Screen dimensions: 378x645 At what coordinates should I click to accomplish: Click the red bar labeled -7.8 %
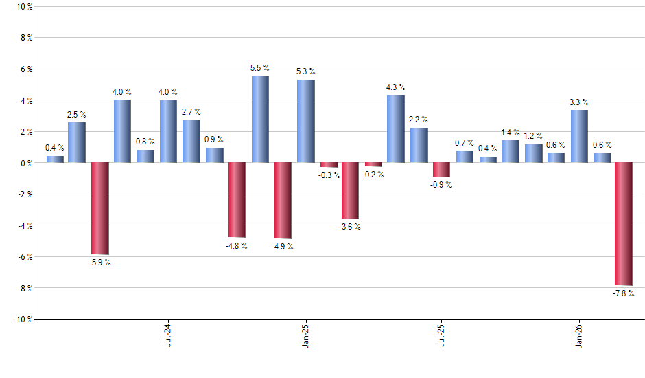pyautogui.click(x=624, y=224)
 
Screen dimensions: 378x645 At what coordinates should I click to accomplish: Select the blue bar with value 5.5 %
pyautogui.click(x=260, y=120)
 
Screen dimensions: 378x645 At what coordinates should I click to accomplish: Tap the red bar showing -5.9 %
pyautogui.click(x=100, y=208)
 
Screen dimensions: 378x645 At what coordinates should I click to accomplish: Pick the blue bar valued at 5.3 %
pyautogui.click(x=306, y=122)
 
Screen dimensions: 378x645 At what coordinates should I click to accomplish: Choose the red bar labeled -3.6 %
pyautogui.click(x=351, y=190)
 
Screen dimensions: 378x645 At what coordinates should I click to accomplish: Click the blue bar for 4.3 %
pyautogui.click(x=396, y=129)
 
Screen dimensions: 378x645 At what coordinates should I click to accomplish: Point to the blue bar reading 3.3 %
pyautogui.click(x=579, y=137)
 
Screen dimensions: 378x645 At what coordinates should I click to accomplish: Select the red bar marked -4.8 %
pyautogui.click(x=237, y=200)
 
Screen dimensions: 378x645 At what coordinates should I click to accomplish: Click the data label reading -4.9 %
pyautogui.click(x=282, y=247)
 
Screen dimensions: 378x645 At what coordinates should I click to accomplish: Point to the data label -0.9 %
pyautogui.click(x=441, y=185)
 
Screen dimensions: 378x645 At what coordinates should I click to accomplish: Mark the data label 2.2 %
pyautogui.click(x=419, y=120)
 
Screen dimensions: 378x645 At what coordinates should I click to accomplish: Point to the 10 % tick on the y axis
pyautogui.click(x=23, y=7)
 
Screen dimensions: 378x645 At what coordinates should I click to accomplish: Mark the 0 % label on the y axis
pyautogui.click(x=25, y=163)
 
